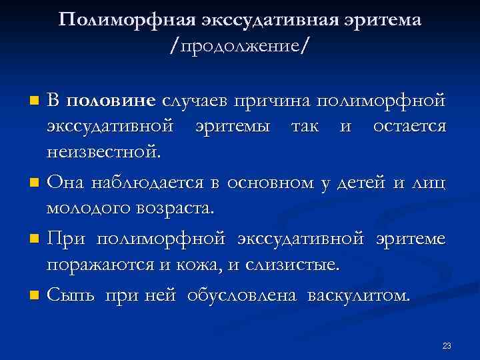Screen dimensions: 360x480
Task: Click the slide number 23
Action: [x=447, y=345]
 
